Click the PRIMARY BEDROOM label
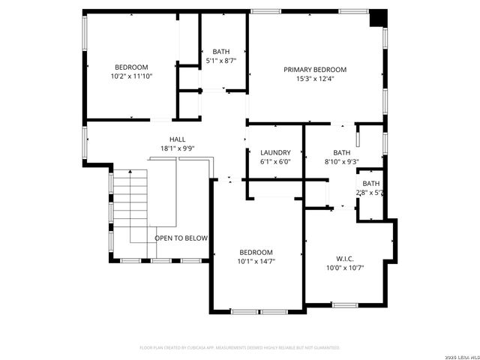(315, 70)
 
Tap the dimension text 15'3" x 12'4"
(315, 79)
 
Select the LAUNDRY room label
(275, 152)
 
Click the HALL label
(177, 139)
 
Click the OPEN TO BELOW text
(181, 238)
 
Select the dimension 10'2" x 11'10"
(131, 76)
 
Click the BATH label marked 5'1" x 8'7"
(221, 52)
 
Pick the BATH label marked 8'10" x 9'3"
(342, 152)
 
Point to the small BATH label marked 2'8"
(371, 184)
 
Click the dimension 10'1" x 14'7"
(256, 262)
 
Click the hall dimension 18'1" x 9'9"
(177, 148)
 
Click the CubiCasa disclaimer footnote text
(240, 348)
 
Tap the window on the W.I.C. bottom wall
(344, 304)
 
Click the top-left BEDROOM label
(131, 67)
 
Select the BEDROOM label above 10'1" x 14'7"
(256, 252)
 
